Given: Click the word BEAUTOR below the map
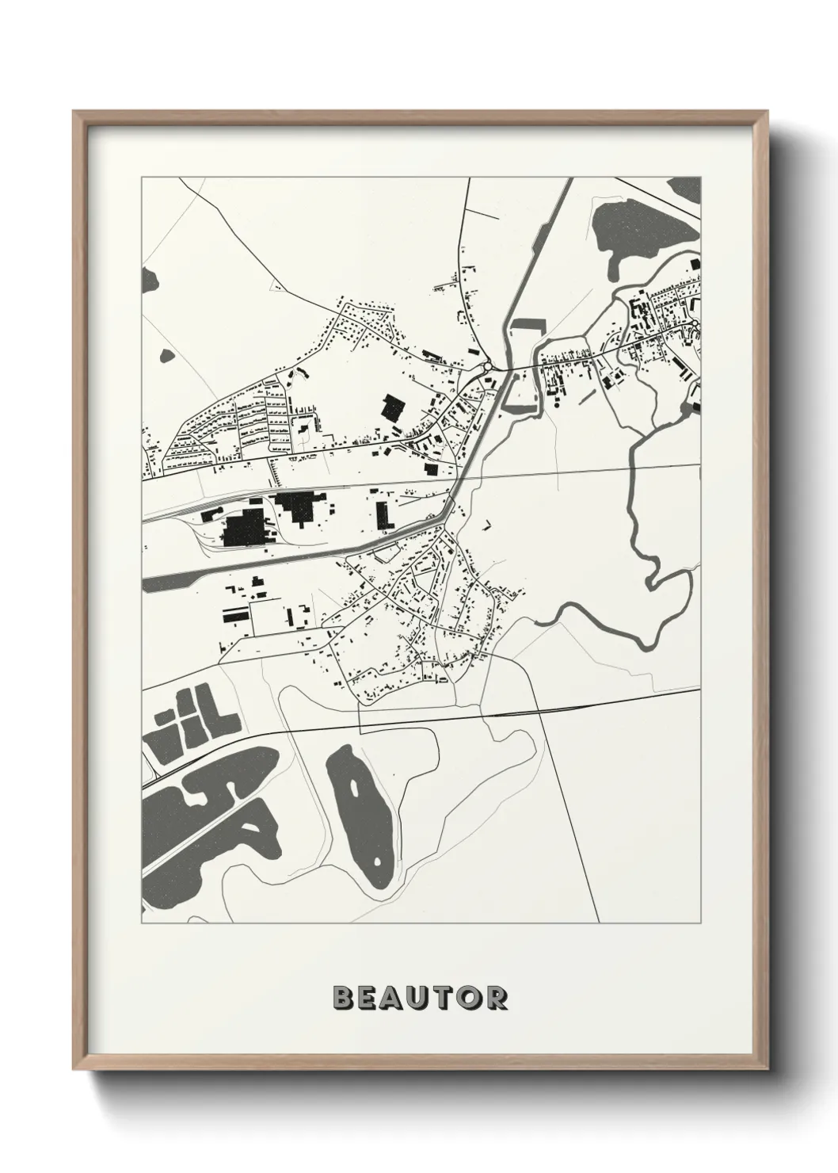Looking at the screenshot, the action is pyautogui.click(x=419, y=997).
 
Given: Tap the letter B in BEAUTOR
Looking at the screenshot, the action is pyautogui.click(x=344, y=997).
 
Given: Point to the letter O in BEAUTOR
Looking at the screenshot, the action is pyautogui.click(x=469, y=997).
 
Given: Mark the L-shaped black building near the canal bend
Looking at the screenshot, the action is pyautogui.click(x=383, y=515).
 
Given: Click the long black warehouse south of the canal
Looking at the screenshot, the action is pyautogui.click(x=236, y=614).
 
